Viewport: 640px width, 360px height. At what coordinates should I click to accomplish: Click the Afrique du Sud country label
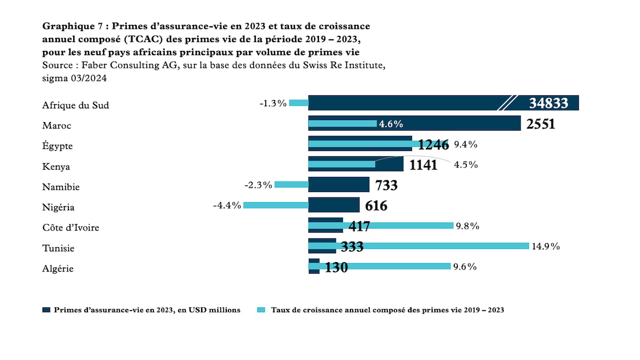point(75,105)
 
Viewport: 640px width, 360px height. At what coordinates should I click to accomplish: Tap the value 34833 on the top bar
point(548,103)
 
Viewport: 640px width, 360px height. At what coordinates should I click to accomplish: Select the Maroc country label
point(56,126)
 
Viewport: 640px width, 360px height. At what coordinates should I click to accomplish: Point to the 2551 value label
point(541,125)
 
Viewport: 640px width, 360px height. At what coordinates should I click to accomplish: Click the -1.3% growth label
point(273,103)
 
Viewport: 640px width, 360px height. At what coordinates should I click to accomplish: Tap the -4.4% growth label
point(227,205)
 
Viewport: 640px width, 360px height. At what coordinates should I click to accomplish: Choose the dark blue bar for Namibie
point(338,185)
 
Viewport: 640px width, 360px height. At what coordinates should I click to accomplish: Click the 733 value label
point(386,185)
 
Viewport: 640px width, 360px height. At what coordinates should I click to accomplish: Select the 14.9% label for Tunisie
point(546,246)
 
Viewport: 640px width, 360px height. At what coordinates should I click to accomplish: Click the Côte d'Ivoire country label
point(71,228)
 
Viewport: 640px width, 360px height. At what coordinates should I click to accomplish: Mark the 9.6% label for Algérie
point(465,266)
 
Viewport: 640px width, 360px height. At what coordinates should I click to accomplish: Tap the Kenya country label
point(55,167)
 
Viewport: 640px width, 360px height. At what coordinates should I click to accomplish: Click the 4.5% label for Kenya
point(465,165)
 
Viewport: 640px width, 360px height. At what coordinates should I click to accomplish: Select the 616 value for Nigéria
point(376,206)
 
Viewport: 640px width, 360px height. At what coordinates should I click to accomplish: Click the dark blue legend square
point(46,310)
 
